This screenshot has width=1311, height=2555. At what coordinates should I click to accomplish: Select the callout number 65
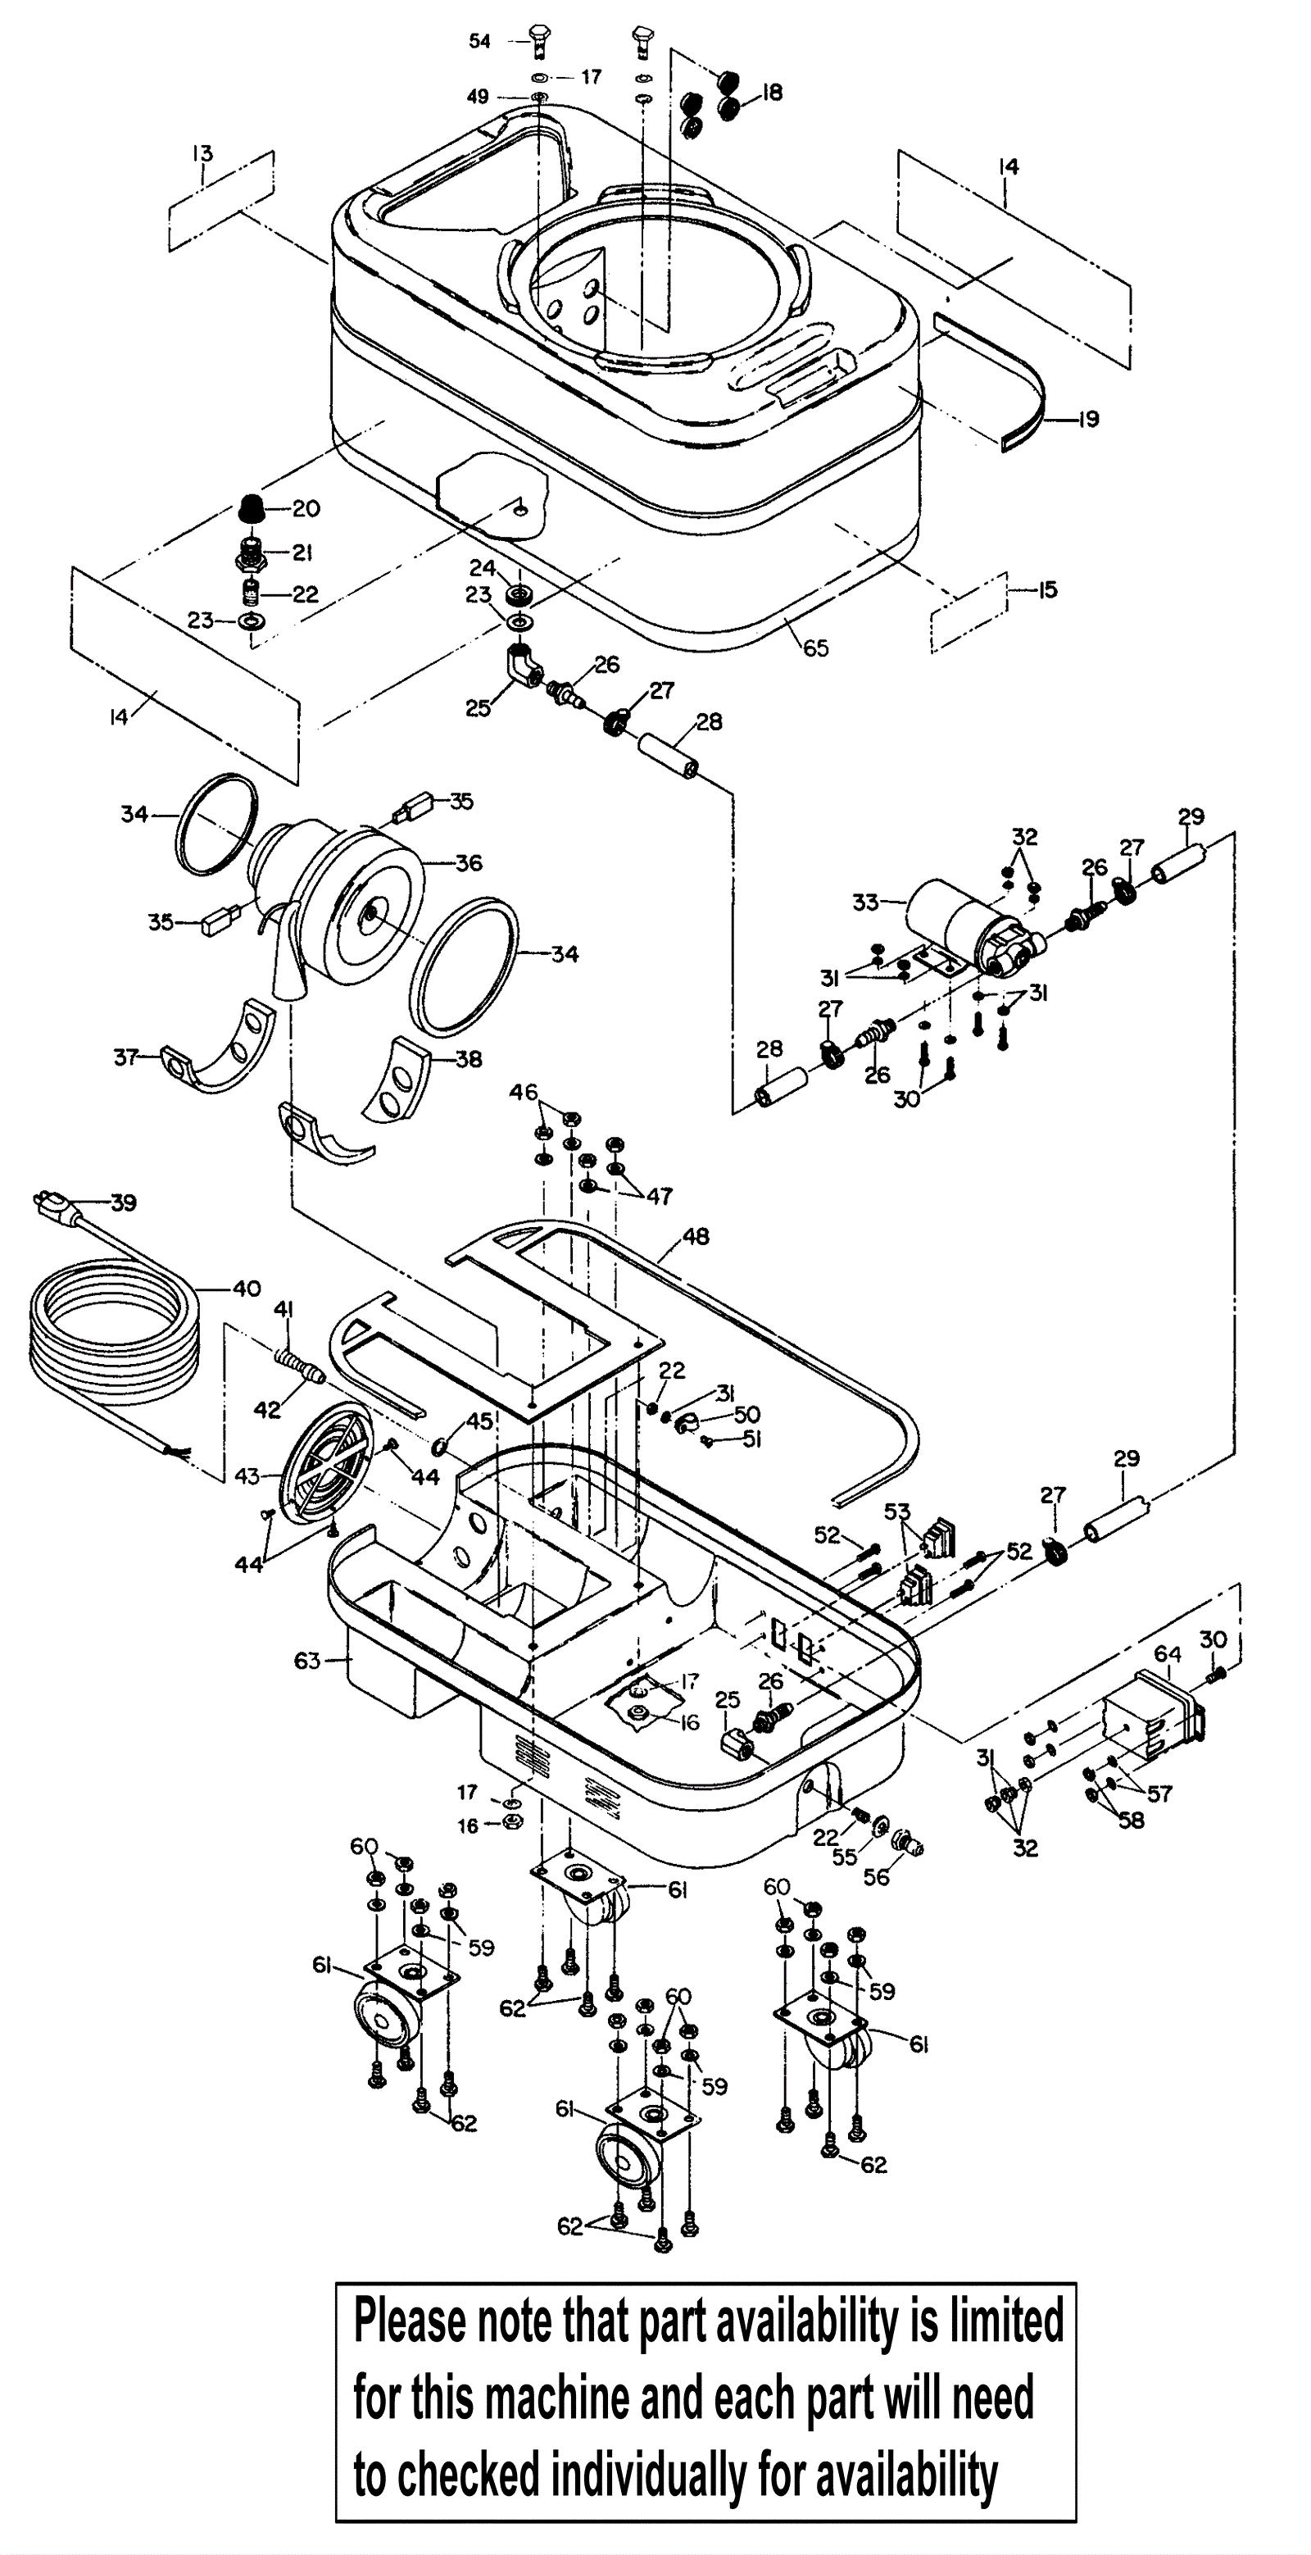coord(815,648)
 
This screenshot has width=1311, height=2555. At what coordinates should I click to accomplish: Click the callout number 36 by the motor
coord(469,863)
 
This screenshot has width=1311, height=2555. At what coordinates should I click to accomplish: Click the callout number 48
coord(696,1236)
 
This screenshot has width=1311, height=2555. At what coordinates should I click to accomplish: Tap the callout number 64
coord(1168,1653)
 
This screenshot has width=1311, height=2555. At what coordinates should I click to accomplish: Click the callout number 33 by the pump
coord(866,902)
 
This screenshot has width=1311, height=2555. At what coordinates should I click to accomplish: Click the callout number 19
coord(1088,419)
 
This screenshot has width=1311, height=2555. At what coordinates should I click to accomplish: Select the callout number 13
coord(202,154)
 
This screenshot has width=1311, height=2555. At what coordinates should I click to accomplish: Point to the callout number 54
coord(480,41)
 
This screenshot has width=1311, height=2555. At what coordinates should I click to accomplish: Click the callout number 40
coord(247,1289)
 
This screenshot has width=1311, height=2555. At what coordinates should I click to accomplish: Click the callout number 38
coord(469,1059)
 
